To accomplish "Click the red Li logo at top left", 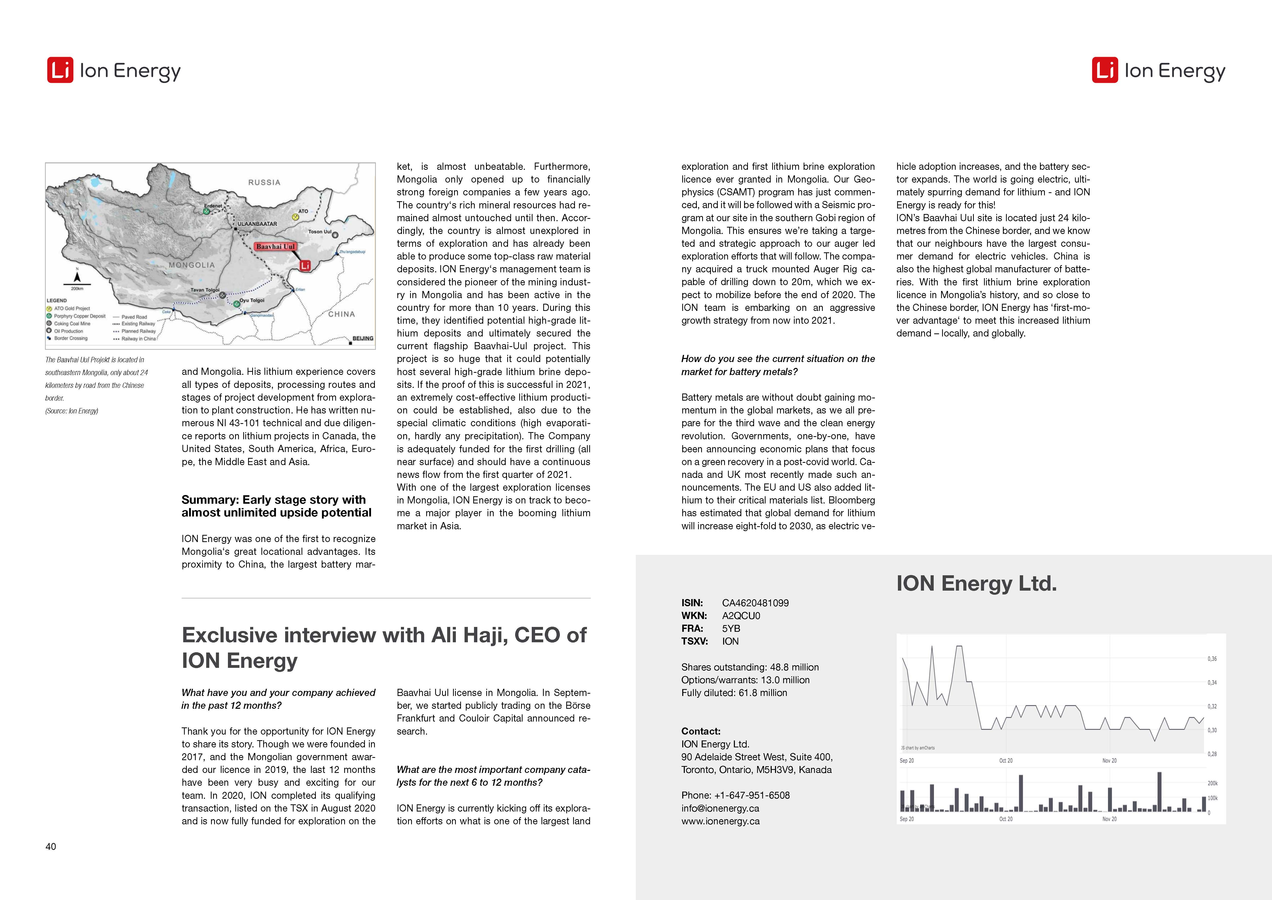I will point(60,70).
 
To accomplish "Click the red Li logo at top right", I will point(1105,70).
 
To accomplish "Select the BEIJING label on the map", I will point(363,338).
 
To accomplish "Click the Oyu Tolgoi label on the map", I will point(252,300).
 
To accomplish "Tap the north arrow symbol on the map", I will point(77,276).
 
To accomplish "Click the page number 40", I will point(50,846).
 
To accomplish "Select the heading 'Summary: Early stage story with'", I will point(274,499).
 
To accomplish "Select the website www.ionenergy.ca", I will point(720,821).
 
